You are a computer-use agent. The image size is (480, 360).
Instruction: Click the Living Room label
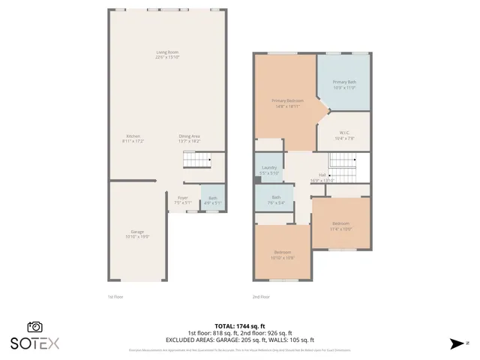(x=167, y=55)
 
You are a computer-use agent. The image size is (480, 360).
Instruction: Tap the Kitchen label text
(x=133, y=138)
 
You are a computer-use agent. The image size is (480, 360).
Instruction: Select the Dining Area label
(x=189, y=138)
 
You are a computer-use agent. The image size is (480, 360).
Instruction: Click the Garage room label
(x=137, y=234)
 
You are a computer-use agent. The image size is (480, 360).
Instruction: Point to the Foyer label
(x=183, y=200)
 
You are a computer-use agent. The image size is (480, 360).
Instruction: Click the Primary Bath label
(x=344, y=84)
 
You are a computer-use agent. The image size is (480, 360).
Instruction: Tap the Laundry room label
(x=269, y=169)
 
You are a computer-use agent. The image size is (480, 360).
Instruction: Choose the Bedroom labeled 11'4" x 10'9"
(x=341, y=226)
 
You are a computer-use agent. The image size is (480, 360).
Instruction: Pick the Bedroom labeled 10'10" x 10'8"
(x=283, y=254)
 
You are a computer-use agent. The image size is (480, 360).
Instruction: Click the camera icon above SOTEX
(x=34, y=327)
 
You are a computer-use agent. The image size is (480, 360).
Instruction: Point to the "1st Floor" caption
(x=115, y=297)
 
